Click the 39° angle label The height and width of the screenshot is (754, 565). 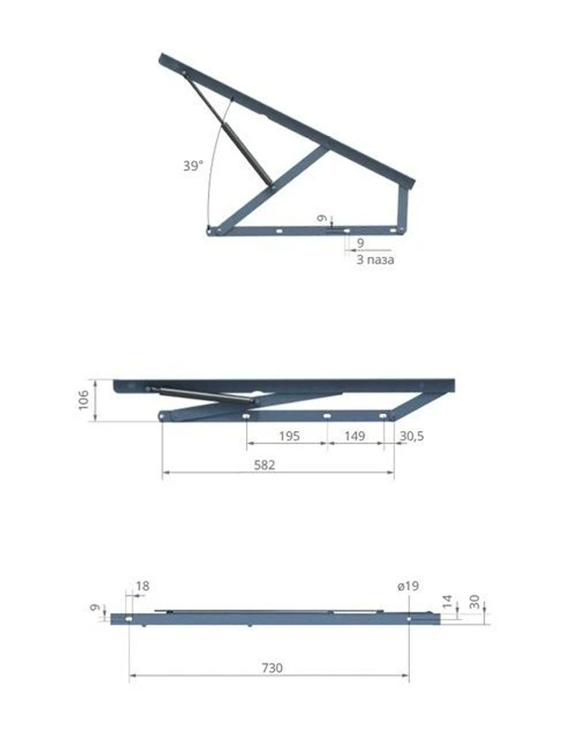click(x=193, y=166)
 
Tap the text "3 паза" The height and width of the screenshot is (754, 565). click(x=375, y=259)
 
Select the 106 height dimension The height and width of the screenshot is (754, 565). click(x=84, y=400)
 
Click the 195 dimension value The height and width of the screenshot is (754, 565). click(x=289, y=436)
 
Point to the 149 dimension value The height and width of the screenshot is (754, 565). click(x=355, y=436)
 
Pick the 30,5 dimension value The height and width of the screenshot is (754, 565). click(x=412, y=436)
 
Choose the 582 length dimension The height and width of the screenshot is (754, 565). click(x=264, y=465)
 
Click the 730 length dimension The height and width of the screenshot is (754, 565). click(x=272, y=668)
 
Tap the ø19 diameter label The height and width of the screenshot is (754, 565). click(x=408, y=586)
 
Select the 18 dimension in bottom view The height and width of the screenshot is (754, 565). click(x=143, y=586)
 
